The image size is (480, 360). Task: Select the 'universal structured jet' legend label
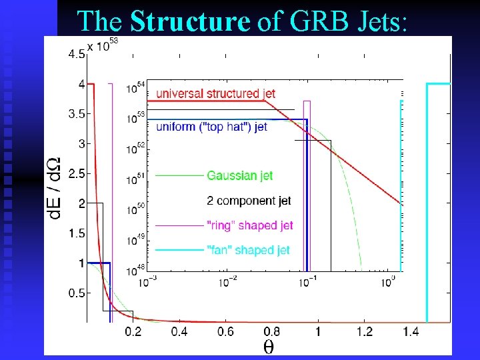click(x=215, y=94)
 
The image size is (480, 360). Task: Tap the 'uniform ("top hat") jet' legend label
click(x=211, y=127)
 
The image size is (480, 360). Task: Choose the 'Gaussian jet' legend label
click(x=240, y=176)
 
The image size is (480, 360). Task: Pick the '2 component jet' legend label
click(x=249, y=201)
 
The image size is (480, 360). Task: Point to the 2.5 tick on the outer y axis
click(x=76, y=173)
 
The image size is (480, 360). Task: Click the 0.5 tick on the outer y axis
click(x=76, y=293)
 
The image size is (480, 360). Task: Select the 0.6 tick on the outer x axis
click(x=225, y=332)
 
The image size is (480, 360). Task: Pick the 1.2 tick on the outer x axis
click(x=364, y=332)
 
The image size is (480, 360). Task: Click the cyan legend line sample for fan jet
click(x=179, y=250)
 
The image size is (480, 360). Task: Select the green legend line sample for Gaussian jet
click(x=179, y=176)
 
